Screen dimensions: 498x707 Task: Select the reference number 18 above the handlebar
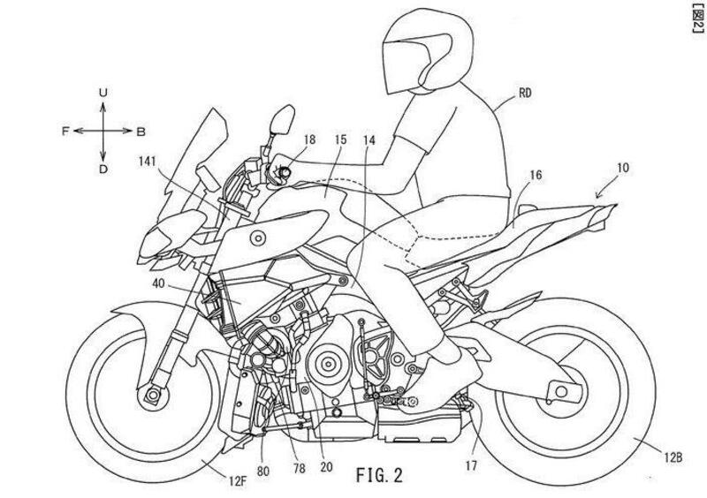pyautogui.click(x=308, y=140)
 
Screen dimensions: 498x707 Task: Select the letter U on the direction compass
pyautogui.click(x=103, y=93)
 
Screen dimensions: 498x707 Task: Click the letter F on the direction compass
pyautogui.click(x=65, y=130)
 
